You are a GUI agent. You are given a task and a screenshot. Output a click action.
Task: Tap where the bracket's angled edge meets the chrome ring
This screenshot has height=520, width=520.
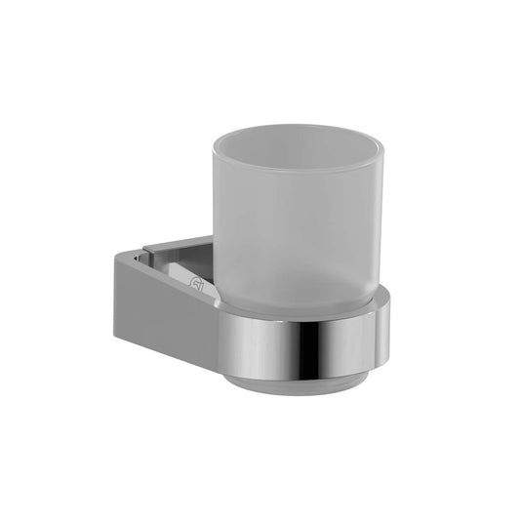click(x=220, y=310)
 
